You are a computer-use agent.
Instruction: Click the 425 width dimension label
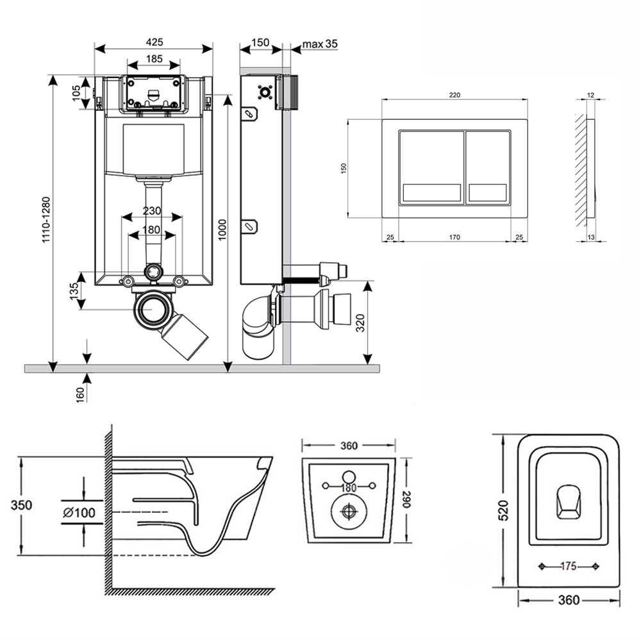pyautogui.click(x=154, y=42)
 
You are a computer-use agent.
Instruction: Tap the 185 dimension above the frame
pyautogui.click(x=153, y=59)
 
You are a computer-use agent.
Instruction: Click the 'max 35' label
pyautogui.click(x=320, y=44)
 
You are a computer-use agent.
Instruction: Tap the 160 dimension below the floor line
pyautogui.click(x=80, y=394)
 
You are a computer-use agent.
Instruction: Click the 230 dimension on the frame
pyautogui.click(x=152, y=211)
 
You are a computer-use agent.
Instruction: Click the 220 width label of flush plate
pyautogui.click(x=454, y=95)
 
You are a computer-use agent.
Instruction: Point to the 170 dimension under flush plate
pyautogui.click(x=454, y=238)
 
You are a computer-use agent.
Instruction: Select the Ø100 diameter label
pyautogui.click(x=79, y=512)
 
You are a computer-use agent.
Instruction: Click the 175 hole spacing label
pyautogui.click(x=569, y=566)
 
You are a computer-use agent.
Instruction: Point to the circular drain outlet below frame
pyautogui.click(x=153, y=309)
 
